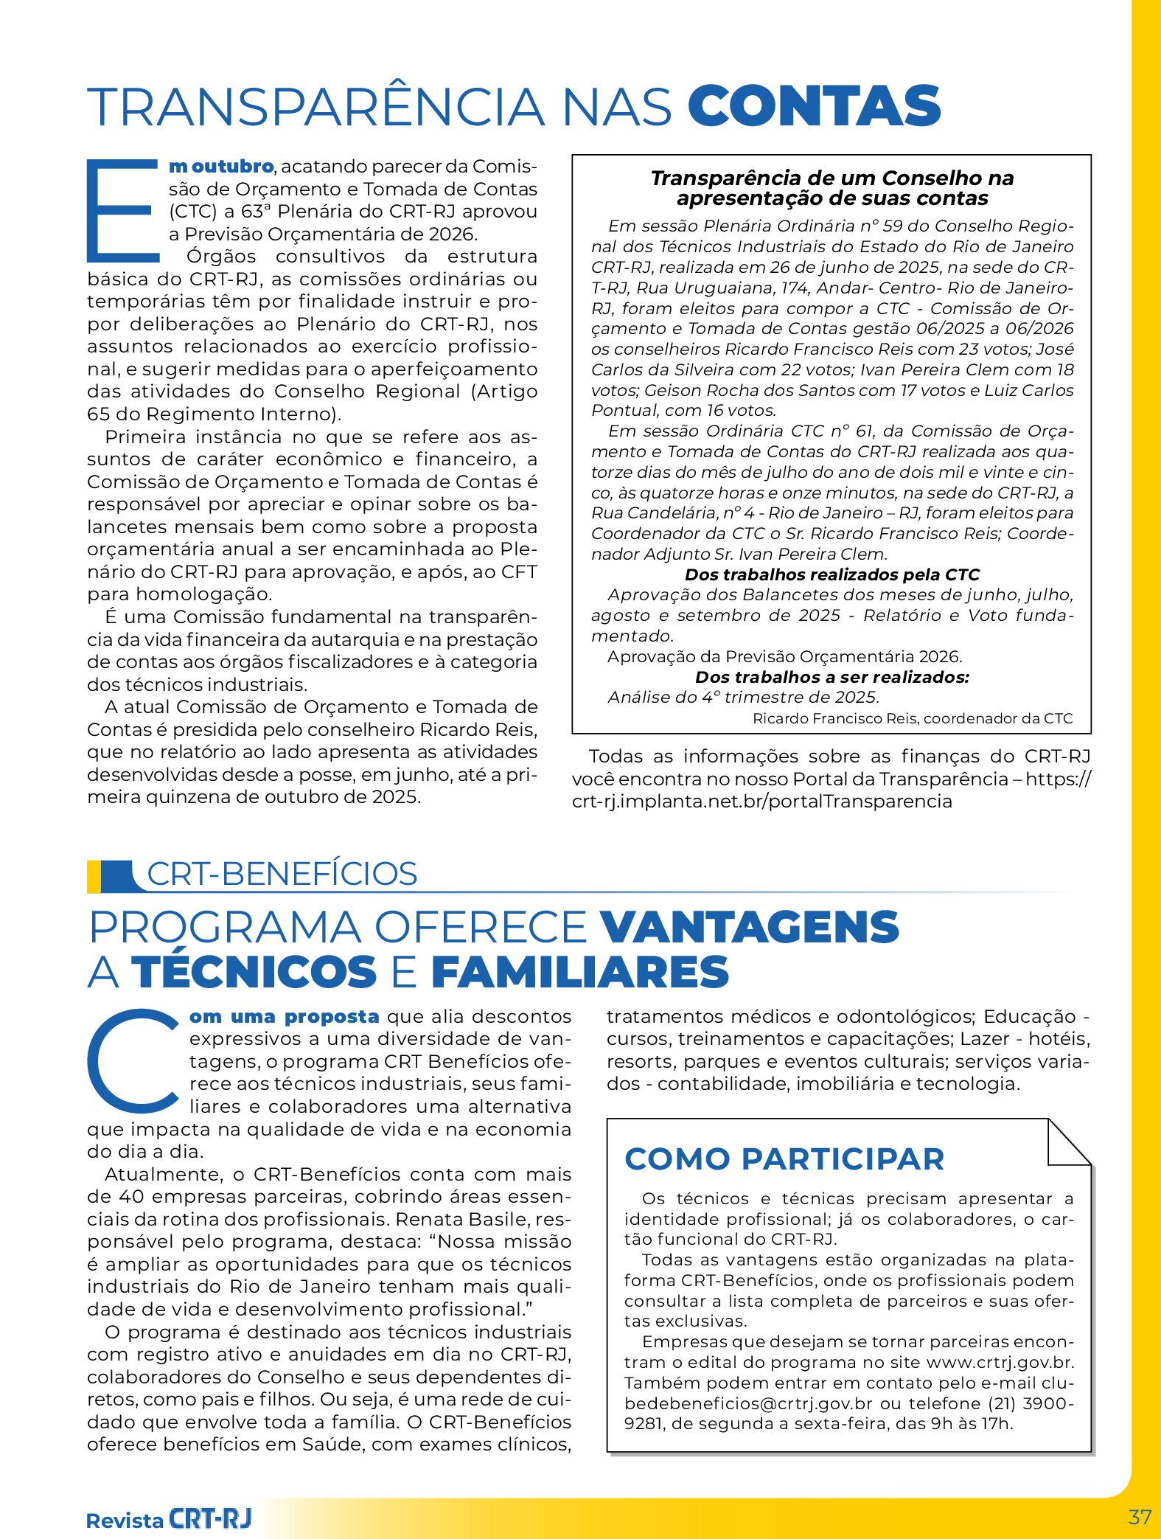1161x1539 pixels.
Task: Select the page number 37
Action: [x=1140, y=1517]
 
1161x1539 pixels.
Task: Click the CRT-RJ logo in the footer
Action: [x=210, y=1518]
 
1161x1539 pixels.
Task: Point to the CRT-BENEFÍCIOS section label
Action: [x=282, y=874]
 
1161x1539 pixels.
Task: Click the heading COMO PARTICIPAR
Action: [x=784, y=1159]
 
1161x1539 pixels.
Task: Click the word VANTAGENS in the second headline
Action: [x=750, y=928]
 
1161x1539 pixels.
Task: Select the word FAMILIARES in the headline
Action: [x=580, y=972]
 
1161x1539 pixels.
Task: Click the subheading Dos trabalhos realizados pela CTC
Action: [x=832, y=574]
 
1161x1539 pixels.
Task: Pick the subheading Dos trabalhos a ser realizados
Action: [x=832, y=677]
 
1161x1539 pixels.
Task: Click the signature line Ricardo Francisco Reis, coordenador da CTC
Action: [x=913, y=718]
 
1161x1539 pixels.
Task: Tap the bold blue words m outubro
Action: [x=221, y=167]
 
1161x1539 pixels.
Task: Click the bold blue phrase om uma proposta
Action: [x=285, y=1016]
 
